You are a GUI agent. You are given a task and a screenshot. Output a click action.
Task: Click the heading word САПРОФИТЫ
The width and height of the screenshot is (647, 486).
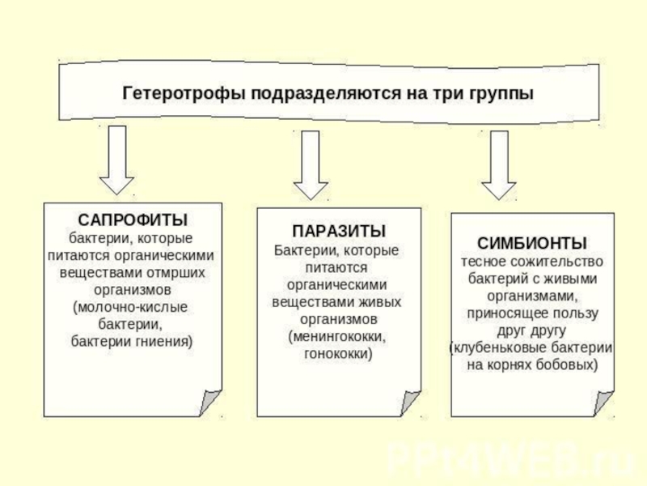tap(133, 220)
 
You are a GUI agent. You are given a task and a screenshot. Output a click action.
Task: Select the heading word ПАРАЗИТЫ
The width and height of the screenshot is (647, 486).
tap(338, 231)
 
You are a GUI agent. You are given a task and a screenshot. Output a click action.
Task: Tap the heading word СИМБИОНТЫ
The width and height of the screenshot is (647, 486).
tap(532, 243)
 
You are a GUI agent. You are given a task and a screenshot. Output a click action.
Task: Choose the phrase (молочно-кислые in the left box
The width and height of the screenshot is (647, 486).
tap(130, 307)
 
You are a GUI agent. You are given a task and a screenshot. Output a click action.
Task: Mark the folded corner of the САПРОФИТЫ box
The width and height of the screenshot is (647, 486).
tap(211, 403)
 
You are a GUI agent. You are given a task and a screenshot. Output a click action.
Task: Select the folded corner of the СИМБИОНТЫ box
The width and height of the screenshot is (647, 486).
tap(603, 403)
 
